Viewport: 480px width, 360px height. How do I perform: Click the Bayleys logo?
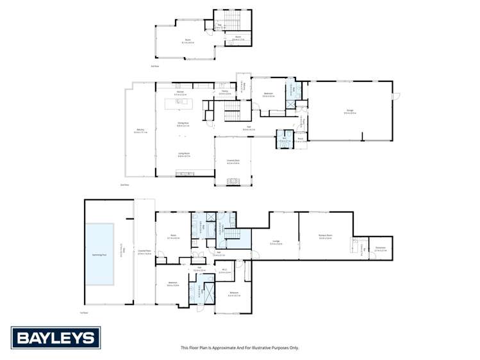tap(56, 337)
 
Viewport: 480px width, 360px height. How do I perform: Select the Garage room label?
tap(350, 111)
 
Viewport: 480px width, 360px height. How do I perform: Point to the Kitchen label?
tap(181, 93)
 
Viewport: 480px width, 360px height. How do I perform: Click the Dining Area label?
tap(183, 125)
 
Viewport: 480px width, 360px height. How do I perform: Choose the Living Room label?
tap(183, 154)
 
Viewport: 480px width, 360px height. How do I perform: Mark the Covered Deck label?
tap(233, 161)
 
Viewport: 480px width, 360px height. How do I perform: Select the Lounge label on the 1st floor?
tap(276, 242)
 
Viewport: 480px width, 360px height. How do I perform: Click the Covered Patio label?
tap(144, 251)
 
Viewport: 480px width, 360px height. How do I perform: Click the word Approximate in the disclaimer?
tap(228, 348)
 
